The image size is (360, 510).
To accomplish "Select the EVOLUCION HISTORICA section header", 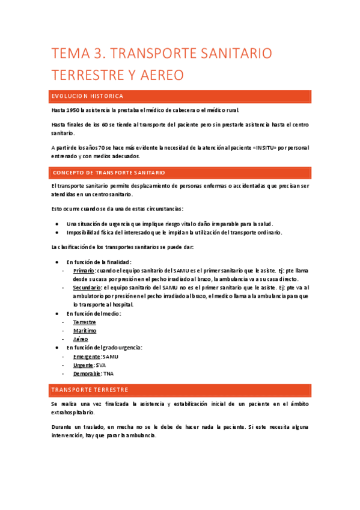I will pos(88,96).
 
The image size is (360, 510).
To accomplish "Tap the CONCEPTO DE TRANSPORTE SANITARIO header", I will pos(108,173).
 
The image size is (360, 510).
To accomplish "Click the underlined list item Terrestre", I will pos(84,322).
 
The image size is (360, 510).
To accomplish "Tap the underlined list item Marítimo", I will pos(84,331).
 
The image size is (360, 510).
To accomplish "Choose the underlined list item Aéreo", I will pos(81,339).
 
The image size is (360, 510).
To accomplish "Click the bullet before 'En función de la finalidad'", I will pos(56,262).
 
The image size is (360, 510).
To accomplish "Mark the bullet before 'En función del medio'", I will pos(56,314).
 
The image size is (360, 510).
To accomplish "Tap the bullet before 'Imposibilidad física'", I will pos(56,232).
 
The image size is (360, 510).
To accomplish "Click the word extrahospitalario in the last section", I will pos(73,413).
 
